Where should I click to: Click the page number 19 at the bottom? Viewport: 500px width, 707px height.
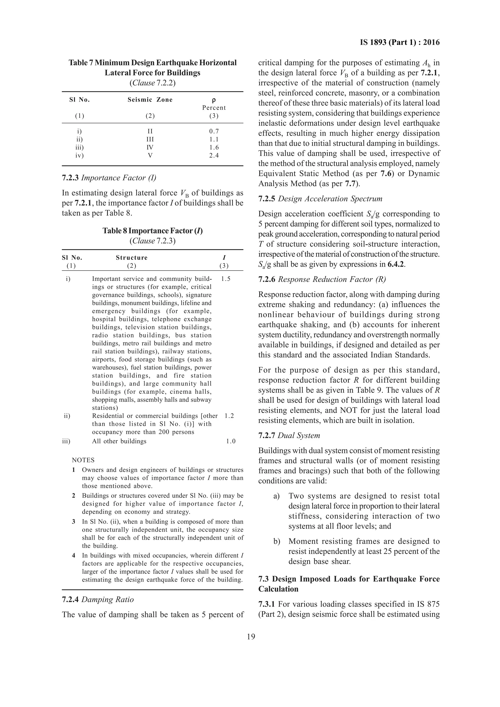251,637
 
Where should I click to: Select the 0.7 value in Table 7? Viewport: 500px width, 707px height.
214,131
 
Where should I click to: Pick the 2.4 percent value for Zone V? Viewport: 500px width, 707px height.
214,155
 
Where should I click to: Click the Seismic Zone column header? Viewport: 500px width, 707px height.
150,100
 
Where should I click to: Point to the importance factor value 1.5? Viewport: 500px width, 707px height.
226,279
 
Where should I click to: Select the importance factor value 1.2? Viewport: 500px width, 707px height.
229,416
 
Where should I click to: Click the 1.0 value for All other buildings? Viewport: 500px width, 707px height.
230,441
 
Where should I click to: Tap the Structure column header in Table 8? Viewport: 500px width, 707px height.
132,258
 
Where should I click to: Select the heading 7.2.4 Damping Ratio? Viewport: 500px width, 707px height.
98,599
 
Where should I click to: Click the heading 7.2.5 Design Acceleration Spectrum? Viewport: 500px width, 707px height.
320,199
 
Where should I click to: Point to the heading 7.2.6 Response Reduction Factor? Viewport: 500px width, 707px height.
322,280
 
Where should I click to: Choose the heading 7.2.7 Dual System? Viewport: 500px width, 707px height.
289,435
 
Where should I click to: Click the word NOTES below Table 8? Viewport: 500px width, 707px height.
83,460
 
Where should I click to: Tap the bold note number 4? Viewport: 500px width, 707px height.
74,555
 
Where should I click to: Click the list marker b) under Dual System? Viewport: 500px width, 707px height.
277,541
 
